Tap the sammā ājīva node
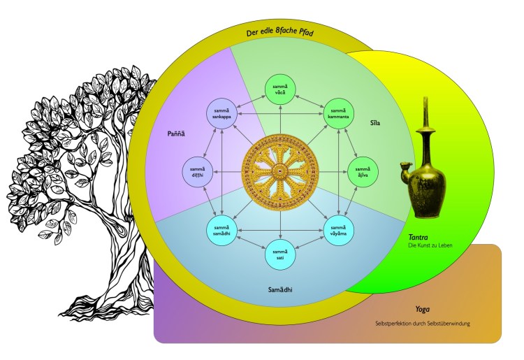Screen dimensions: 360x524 (363, 171)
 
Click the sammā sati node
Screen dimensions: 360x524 (280, 254)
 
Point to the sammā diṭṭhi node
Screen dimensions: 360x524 (198, 171)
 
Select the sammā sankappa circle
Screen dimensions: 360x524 (221, 113)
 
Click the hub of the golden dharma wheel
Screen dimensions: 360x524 (280, 171)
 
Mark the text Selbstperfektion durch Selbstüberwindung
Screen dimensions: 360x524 (422, 324)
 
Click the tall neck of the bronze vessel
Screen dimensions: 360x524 (424, 126)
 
